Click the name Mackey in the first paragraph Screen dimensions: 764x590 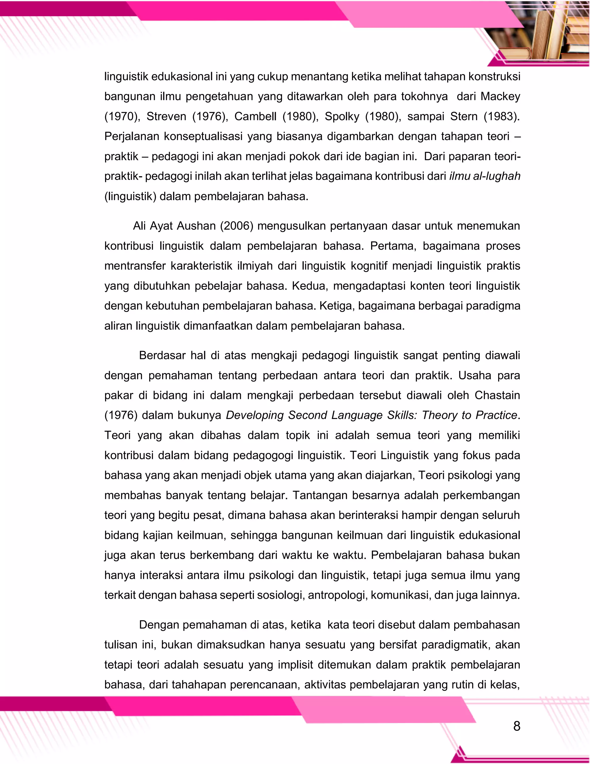[x=500, y=96]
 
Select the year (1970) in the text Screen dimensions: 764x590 [x=122, y=116]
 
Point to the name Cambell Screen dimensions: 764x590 [x=255, y=116]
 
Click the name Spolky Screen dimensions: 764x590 [x=342, y=116]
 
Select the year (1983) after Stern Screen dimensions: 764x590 [x=502, y=116]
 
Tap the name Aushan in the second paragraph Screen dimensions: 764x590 [x=196, y=226]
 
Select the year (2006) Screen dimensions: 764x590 [x=236, y=226]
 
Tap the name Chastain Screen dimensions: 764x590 [x=497, y=395]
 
